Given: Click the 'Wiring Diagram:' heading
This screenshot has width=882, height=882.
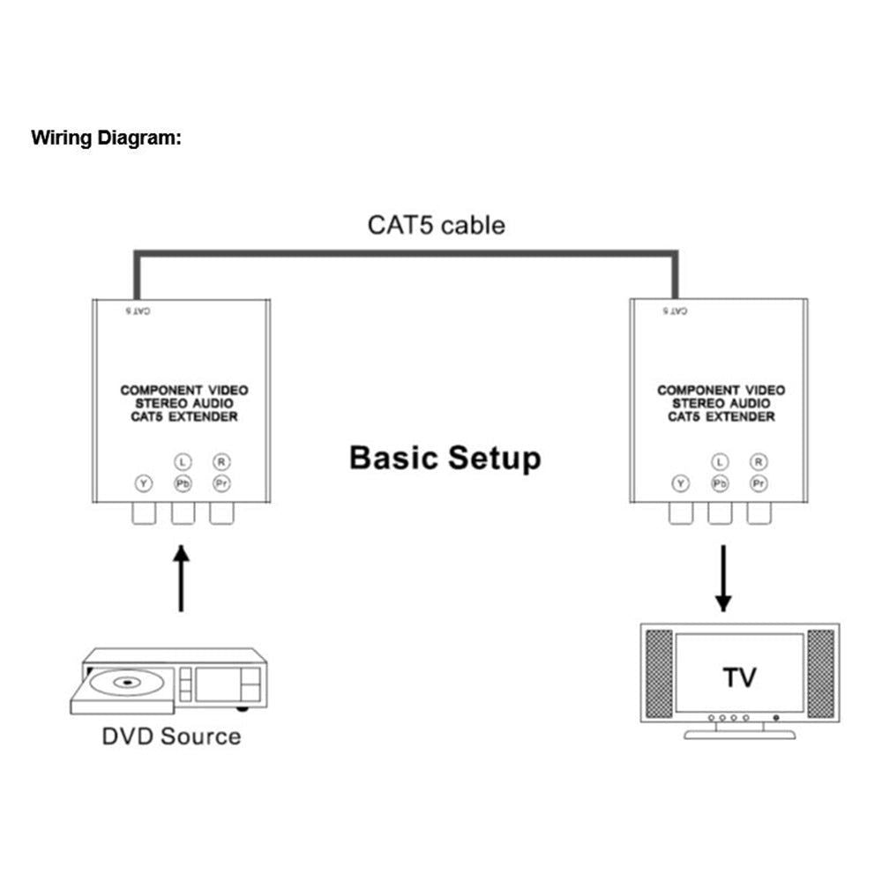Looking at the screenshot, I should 107,138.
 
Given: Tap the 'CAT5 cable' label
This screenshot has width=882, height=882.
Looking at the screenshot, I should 436,225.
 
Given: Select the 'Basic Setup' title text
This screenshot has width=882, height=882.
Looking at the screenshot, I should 445,459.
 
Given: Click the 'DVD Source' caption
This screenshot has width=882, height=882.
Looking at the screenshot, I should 171,736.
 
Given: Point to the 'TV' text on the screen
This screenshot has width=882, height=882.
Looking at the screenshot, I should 739,677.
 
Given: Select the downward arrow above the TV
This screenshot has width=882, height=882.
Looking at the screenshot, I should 723,578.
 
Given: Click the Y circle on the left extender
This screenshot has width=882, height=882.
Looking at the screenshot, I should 143,482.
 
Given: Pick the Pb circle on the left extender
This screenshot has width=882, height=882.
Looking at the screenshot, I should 182,482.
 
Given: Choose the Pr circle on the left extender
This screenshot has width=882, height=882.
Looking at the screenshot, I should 220,482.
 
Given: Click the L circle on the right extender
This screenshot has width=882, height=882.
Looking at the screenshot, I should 721,461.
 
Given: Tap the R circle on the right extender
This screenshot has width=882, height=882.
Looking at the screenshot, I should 759,461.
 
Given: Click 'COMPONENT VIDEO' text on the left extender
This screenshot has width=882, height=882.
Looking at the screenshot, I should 183,390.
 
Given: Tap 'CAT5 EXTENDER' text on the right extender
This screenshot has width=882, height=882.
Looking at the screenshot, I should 721,416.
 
